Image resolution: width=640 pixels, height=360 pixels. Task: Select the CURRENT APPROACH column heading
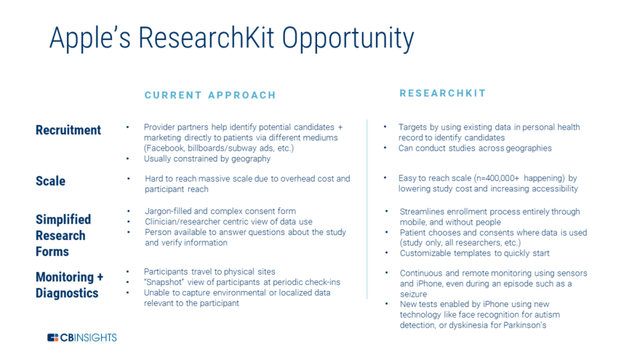(210, 95)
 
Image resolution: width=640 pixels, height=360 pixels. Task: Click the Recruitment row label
(68, 130)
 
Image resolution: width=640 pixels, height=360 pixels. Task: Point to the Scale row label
(50, 181)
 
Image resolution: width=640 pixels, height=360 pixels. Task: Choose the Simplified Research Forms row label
(63, 236)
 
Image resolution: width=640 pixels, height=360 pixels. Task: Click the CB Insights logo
(81, 337)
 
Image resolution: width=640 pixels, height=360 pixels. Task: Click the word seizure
(413, 294)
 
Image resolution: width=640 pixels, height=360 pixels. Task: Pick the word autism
(547, 315)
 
